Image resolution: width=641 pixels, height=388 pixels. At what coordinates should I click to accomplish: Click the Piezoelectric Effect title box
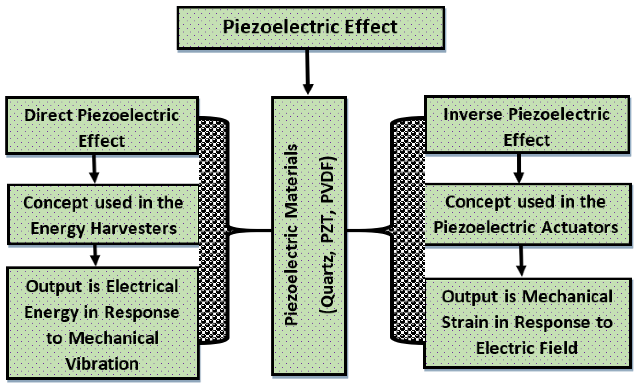pos(311,27)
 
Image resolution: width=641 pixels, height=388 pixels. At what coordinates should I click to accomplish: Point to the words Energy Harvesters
pos(104,229)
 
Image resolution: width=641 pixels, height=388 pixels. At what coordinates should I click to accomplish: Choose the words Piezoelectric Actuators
pos(526,227)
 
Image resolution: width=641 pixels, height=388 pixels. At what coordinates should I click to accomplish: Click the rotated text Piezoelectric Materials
pos(291,234)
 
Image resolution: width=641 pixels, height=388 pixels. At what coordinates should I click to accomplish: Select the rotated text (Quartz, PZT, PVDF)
pos(328,234)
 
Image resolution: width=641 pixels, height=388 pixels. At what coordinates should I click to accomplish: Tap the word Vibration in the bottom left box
pos(102,364)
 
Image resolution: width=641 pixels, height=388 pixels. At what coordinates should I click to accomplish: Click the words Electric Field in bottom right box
pos(527,348)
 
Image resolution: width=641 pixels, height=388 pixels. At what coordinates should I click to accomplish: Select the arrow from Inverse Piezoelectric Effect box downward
pos(519,168)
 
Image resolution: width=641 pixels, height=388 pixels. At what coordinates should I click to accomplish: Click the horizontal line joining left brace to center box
pos(251,230)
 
